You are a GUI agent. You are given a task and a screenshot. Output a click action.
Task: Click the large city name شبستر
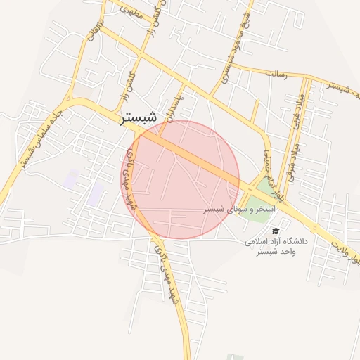[139, 119]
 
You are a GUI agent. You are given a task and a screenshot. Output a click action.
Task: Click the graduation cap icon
[276, 231]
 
